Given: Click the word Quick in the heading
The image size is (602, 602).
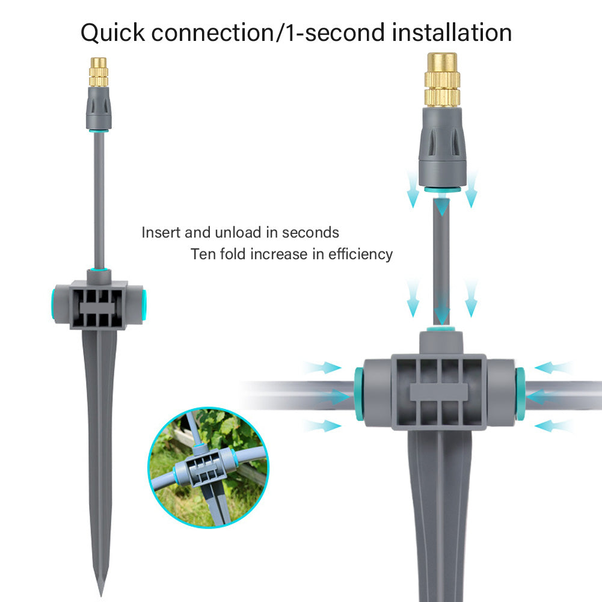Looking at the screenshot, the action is [112, 33].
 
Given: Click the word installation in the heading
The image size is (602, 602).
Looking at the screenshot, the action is [452, 32].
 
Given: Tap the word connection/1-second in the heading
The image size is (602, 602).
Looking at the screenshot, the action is [268, 32].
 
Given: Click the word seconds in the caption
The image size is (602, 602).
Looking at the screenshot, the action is [310, 233].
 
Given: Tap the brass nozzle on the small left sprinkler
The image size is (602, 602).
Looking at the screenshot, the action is [99, 72].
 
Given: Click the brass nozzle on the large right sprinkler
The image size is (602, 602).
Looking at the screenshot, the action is [442, 80].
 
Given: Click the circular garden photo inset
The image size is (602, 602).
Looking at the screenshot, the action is [209, 467].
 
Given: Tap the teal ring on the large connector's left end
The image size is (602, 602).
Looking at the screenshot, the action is [360, 394].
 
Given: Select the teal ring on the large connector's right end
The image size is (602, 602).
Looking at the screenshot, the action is [520, 393].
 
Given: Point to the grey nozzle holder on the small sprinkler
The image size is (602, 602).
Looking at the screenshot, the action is [99, 108].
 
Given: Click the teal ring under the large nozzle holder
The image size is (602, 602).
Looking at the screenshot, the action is [442, 189].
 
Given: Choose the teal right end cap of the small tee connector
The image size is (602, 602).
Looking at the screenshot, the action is [144, 305].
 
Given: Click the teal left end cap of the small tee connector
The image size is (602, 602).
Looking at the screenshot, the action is [53, 305].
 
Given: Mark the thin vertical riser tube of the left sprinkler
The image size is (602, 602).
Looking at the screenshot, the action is [99, 200].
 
